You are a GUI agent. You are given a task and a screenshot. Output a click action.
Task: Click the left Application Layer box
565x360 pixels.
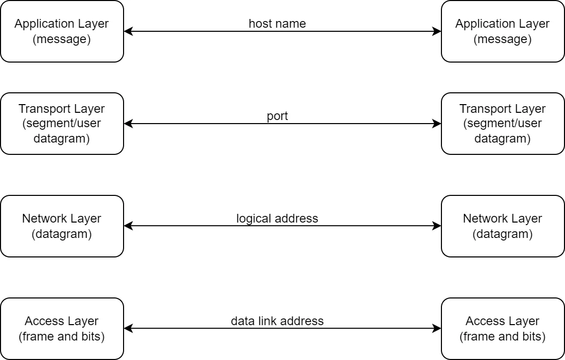click(62, 31)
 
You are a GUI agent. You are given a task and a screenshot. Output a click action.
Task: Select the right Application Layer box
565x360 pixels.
click(502, 31)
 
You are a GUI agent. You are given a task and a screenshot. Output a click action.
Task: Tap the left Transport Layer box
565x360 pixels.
click(62, 124)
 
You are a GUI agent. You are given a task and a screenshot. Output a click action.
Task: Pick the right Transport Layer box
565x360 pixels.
click(502, 124)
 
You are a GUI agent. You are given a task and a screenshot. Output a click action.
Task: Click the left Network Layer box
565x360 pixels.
click(62, 226)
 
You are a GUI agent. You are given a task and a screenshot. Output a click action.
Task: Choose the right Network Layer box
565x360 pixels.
click(502, 226)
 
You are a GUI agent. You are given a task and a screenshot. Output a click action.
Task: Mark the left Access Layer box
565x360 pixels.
click(62, 329)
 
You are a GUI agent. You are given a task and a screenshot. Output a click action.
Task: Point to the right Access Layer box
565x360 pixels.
click(502, 329)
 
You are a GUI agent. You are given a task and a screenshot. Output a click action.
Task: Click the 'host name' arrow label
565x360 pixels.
click(277, 24)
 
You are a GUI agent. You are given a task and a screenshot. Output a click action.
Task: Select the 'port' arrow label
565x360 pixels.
click(277, 116)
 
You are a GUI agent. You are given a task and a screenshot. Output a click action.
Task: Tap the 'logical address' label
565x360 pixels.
click(277, 218)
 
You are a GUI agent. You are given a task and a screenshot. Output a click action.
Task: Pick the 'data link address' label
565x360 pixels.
click(277, 321)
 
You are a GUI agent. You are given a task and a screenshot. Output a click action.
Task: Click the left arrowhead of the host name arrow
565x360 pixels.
click(128, 31)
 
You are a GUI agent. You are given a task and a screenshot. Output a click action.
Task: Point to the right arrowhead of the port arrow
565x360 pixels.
click(437, 124)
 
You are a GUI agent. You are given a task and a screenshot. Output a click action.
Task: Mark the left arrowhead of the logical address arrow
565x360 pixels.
click(128, 226)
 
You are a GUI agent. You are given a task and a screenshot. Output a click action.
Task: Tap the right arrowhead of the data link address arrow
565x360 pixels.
click(437, 329)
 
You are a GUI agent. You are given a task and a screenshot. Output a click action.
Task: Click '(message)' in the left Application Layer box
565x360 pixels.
click(62, 39)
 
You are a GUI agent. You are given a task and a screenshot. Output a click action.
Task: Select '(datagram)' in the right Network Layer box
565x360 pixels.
click(502, 234)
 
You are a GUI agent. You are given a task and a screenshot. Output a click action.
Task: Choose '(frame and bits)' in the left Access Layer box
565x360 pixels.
click(62, 336)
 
